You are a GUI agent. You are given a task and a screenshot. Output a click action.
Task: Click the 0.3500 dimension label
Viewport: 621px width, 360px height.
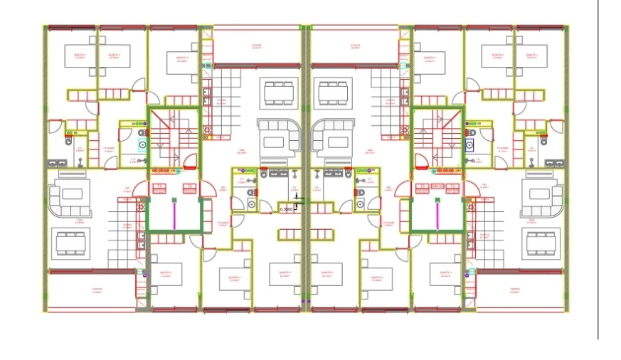click(287, 209)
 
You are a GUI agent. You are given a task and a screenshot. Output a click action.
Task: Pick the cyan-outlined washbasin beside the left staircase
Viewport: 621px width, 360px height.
click(142, 144)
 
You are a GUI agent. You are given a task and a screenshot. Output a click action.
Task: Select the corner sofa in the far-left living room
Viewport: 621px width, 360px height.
click(70, 198)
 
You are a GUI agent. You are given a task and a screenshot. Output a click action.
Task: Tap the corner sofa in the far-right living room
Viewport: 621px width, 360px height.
click(542, 198)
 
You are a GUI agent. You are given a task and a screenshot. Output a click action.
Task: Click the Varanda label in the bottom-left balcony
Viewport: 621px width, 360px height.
click(97, 289)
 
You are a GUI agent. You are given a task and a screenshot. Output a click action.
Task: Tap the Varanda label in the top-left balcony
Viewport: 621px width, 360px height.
click(256, 46)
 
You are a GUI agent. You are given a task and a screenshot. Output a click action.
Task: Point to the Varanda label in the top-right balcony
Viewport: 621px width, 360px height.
click(355, 46)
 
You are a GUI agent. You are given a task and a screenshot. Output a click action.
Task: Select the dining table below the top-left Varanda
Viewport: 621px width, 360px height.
click(278, 92)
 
